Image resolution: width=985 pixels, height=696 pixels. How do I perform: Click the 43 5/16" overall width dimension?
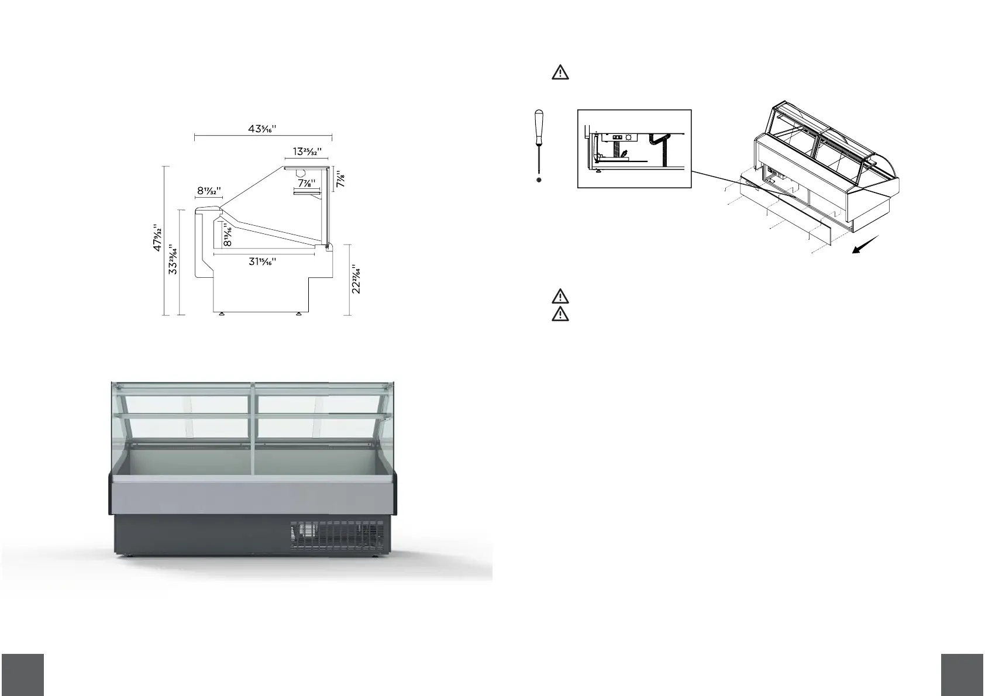263,129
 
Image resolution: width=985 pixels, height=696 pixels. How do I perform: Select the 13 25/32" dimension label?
307,151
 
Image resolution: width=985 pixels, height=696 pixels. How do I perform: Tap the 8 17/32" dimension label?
209,191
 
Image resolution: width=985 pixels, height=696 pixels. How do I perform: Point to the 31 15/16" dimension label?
263,261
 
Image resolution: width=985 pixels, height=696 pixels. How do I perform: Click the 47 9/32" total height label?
157,237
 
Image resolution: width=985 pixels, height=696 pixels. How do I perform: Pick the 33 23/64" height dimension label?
173,260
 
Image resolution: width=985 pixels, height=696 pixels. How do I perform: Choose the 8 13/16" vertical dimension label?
228,235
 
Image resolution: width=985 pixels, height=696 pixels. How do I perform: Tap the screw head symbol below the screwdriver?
539,180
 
